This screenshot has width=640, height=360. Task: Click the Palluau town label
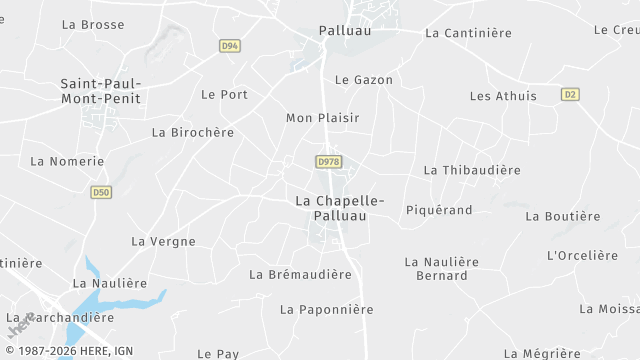click(345, 31)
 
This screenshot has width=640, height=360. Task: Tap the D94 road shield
click(230, 46)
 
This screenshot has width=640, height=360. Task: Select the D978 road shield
click(328, 162)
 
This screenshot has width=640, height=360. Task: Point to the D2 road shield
click(570, 94)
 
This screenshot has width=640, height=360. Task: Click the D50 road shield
click(100, 192)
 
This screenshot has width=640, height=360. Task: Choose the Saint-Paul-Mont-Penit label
click(100, 91)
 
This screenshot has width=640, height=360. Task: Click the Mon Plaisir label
click(322, 118)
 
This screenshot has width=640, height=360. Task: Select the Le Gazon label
click(364, 80)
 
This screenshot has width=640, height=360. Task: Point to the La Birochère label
click(193, 132)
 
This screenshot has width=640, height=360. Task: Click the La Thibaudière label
click(472, 170)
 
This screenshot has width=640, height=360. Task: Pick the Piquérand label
click(439, 210)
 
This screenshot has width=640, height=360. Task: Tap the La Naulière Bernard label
click(441, 268)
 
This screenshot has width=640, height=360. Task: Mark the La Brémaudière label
click(300, 274)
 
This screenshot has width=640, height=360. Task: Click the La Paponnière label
click(326, 310)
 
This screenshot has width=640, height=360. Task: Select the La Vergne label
click(164, 241)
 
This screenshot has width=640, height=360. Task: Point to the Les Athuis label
click(503, 96)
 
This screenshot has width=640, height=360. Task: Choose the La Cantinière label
click(468, 33)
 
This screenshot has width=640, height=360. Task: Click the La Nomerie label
click(67, 161)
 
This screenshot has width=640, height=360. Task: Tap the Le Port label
click(224, 95)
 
